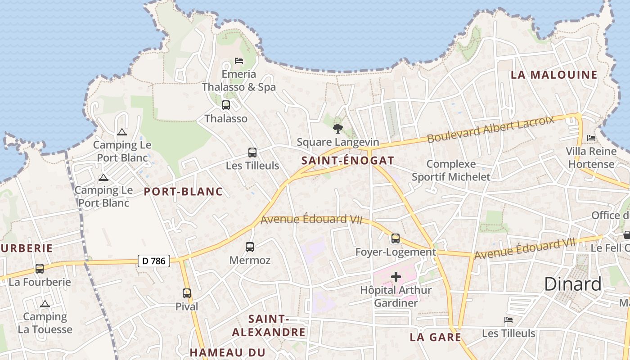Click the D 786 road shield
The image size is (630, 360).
(153, 261)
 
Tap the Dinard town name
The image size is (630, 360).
(572, 284)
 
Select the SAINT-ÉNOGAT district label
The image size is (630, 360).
(347, 161)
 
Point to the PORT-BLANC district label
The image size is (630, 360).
(183, 192)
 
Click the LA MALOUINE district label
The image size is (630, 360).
(554, 75)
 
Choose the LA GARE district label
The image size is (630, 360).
(435, 337)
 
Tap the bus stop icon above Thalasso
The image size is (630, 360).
(226, 105)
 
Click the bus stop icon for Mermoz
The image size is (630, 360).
(250, 247)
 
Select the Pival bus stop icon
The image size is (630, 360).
(187, 293)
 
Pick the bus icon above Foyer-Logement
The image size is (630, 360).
(396, 238)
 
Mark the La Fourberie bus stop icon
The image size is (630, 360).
(40, 269)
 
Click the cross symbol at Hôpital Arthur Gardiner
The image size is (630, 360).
(396, 277)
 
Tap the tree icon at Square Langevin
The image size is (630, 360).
(337, 129)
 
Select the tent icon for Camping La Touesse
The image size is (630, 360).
(45, 304)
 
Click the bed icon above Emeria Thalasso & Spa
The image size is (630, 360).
(238, 61)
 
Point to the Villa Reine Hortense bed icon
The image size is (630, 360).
(591, 138)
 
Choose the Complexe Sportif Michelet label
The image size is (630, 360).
(451, 171)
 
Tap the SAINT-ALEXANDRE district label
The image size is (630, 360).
(269, 326)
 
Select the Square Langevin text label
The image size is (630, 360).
(337, 143)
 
